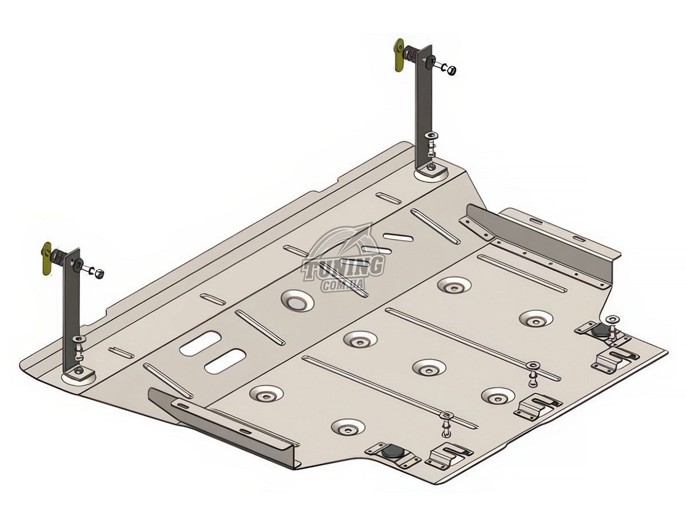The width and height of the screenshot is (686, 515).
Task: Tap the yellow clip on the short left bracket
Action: (x=46, y=263)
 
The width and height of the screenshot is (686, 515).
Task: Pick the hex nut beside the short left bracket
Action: (x=99, y=274)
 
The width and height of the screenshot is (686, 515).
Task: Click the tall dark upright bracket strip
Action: (x=424, y=106)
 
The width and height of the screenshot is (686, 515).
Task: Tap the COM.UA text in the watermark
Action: (x=344, y=284)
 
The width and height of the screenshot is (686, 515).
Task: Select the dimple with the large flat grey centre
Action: (x=297, y=300)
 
